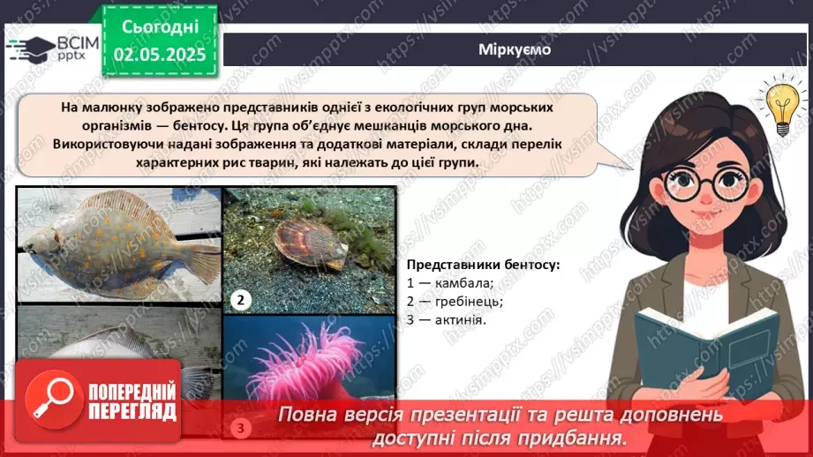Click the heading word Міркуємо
[x=515, y=49]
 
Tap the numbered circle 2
[x=238, y=300]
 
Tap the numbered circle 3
[x=240, y=429]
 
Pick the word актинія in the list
[x=460, y=318]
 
